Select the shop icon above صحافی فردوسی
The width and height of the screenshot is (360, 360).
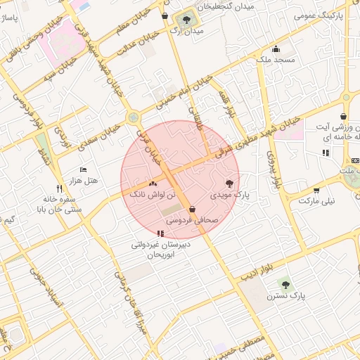click(192, 209)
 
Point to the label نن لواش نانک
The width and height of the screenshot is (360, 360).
click(148, 193)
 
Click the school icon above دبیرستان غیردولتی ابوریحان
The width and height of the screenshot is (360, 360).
click(161, 233)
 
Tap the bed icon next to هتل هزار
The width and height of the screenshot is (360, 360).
click(83, 170)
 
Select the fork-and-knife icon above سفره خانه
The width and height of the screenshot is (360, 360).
click(59, 188)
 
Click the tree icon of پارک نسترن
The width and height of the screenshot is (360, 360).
click(285, 283)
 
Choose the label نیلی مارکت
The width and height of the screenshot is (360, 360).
click(317, 200)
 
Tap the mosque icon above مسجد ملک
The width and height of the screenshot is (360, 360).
click(276, 49)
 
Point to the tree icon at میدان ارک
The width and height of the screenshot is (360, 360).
click(187, 20)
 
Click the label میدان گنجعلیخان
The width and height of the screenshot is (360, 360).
click(226, 6)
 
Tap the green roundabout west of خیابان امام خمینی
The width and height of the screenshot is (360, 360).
click(131, 117)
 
